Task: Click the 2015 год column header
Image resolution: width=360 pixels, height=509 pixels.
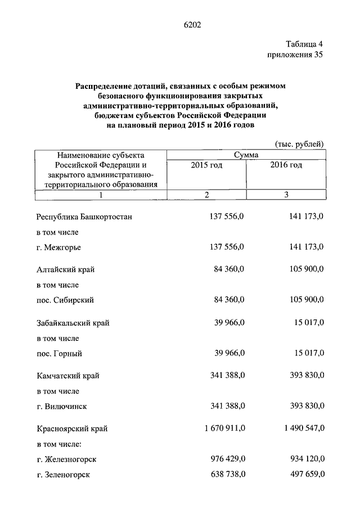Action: point(206,165)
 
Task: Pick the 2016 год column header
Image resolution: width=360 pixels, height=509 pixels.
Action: point(286,165)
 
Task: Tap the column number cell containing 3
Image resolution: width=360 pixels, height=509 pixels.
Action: point(286,195)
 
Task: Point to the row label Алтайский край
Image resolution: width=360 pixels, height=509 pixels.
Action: point(66,270)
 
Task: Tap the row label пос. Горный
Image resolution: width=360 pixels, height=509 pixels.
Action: point(60,354)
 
